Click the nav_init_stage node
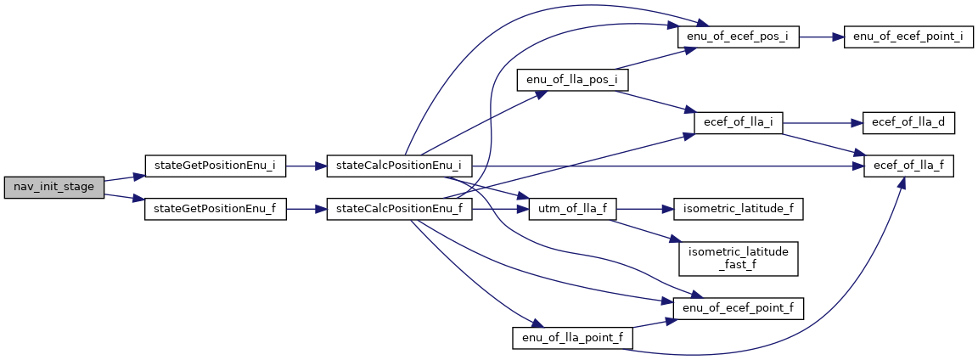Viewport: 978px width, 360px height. point(53,187)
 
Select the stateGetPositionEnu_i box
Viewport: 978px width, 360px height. point(215,166)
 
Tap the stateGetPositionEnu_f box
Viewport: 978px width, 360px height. point(215,208)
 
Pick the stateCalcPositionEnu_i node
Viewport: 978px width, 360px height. point(399,166)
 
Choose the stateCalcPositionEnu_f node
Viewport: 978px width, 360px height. point(399,208)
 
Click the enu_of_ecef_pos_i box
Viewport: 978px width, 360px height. point(738,38)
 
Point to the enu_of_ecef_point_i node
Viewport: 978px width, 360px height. point(908,38)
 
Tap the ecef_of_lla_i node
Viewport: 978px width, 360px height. point(738,122)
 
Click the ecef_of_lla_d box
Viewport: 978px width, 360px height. point(908,122)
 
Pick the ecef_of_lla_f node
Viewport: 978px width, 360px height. point(908,166)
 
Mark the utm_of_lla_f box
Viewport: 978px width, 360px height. point(572,208)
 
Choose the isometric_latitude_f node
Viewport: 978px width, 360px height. point(738,208)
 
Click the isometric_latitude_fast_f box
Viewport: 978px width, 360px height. point(738,257)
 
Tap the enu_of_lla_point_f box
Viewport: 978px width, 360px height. point(572,338)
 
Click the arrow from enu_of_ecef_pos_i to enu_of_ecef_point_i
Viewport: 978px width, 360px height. point(821,38)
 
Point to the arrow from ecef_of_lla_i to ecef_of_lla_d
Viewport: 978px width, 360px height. point(820,122)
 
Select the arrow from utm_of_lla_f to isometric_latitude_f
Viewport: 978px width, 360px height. point(644,208)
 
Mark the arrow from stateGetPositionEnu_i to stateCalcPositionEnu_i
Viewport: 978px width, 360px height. point(306,166)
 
